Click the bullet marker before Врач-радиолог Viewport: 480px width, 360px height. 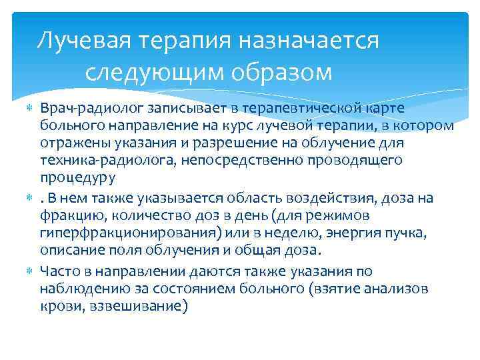coord(27,107)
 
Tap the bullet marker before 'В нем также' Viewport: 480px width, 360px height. coord(27,197)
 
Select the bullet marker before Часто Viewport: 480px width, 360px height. coord(27,271)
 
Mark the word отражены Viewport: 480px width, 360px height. coord(67,143)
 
